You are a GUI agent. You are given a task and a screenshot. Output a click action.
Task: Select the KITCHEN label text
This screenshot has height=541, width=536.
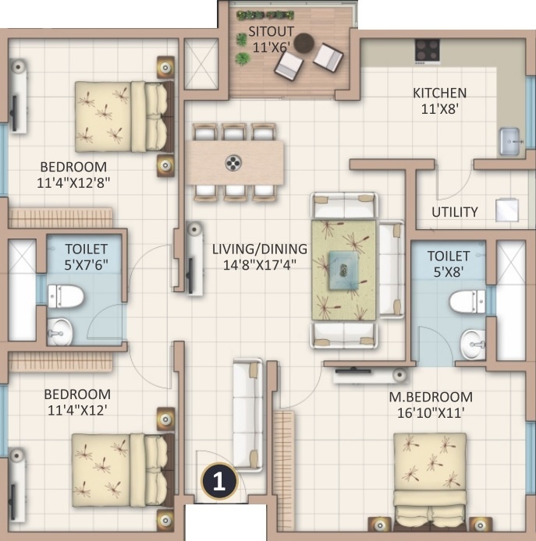tap(439, 93)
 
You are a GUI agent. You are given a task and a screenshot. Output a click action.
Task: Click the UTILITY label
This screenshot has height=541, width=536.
tap(455, 211)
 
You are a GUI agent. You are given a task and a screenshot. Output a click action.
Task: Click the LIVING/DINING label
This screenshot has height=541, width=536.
tap(260, 249)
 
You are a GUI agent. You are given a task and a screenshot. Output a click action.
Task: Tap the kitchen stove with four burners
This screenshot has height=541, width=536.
tap(427, 49)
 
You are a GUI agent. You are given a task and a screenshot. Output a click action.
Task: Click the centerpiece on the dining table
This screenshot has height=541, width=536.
tap(233, 162)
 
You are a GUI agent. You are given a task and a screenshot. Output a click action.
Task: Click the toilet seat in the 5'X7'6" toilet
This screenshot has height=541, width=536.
tap(66, 295)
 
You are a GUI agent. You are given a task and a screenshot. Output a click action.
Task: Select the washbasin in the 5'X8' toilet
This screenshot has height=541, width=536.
tap(472, 341)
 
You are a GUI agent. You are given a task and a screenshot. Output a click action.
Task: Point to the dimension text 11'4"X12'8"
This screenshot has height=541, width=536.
tap(73, 183)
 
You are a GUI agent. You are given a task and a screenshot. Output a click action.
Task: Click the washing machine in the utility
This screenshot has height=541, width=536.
tap(507, 210)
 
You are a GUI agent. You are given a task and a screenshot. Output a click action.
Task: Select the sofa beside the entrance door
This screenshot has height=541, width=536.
tap(248, 414)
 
